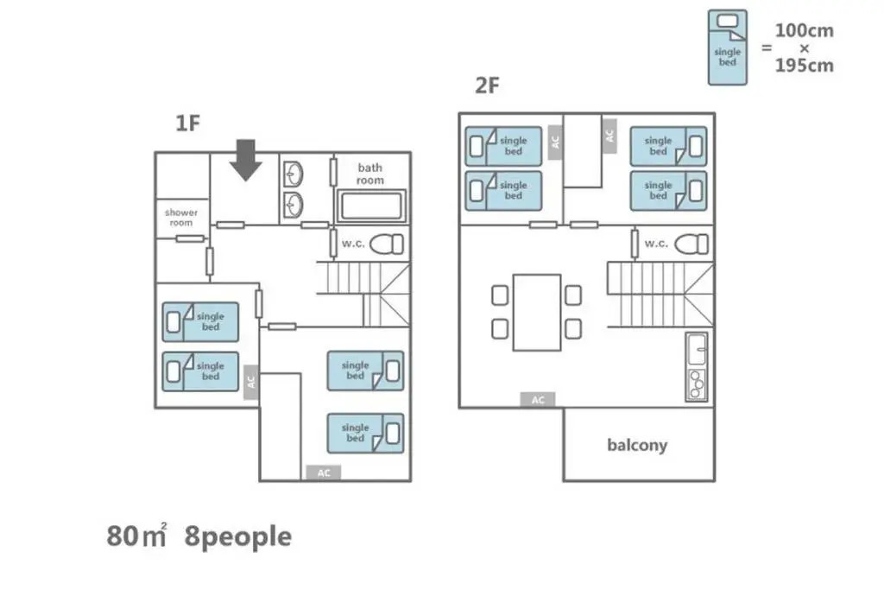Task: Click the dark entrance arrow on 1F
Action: pyautogui.click(x=246, y=160)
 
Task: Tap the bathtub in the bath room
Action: pyautogui.click(x=370, y=206)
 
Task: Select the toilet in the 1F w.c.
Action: pyautogui.click(x=387, y=244)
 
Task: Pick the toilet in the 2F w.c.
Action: pyautogui.click(x=691, y=244)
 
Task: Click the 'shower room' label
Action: pyautogui.click(x=181, y=218)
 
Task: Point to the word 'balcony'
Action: pyautogui.click(x=637, y=445)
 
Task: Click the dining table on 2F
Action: pyautogui.click(x=537, y=313)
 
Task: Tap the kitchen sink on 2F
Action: pyautogui.click(x=697, y=350)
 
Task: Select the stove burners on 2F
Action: pyautogui.click(x=697, y=384)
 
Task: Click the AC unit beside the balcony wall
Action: pyautogui.click(x=538, y=400)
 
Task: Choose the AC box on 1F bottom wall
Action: pyautogui.click(x=323, y=473)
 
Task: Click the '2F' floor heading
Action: pyautogui.click(x=487, y=86)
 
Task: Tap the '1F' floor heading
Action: pyautogui.click(x=187, y=123)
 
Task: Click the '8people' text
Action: pyautogui.click(x=238, y=536)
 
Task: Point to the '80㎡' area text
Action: pyautogui.click(x=136, y=536)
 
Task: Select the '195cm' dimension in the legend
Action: pyautogui.click(x=804, y=66)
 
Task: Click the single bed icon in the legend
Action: pyautogui.click(x=727, y=48)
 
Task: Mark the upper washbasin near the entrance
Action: pyautogui.click(x=293, y=174)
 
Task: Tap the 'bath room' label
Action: pyautogui.click(x=369, y=174)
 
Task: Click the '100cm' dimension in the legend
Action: pyautogui.click(x=804, y=30)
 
